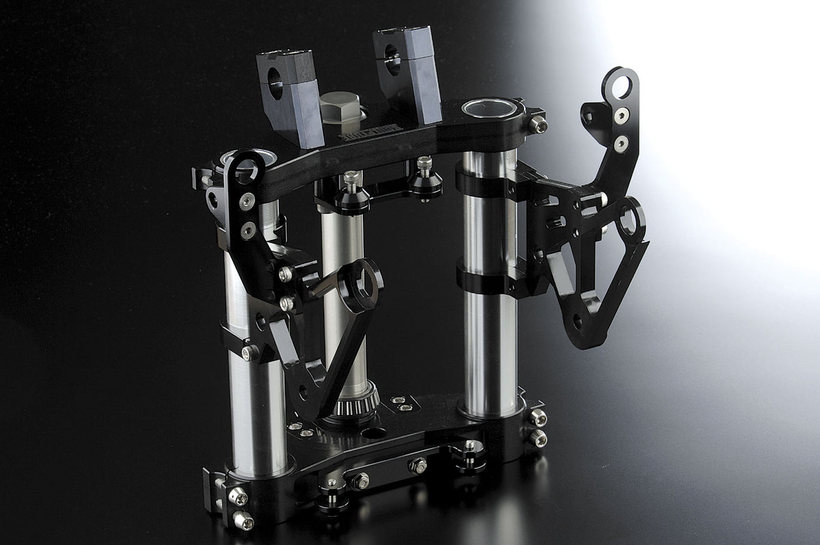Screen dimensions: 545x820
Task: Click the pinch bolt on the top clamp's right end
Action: pyautogui.click(x=538, y=124)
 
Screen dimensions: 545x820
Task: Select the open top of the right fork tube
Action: pyautogui.click(x=490, y=108)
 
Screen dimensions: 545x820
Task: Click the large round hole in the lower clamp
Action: pyautogui.click(x=374, y=432)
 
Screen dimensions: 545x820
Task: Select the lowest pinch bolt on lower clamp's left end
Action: pyautogui.click(x=243, y=520)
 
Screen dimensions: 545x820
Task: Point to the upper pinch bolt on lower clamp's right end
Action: pyautogui.click(x=538, y=418)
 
